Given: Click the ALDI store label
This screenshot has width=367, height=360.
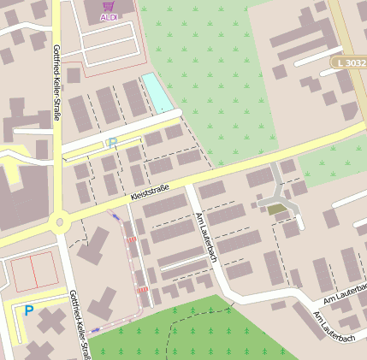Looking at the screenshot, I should click(x=110, y=17).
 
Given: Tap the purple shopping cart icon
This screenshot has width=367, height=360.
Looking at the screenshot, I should click(x=110, y=5).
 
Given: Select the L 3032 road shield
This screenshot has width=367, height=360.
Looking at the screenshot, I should click(x=349, y=63).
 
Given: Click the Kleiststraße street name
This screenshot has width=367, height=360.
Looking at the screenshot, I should click(x=150, y=192).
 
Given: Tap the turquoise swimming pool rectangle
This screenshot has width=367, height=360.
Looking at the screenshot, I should click(x=156, y=92).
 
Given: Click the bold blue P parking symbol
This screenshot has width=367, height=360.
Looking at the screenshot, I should click(x=28, y=311).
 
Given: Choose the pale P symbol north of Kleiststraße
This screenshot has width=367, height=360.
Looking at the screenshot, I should click(x=111, y=144).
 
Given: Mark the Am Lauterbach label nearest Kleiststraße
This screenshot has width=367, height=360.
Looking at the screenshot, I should click(x=207, y=236).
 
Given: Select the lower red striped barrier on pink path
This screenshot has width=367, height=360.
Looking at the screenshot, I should click(x=143, y=289).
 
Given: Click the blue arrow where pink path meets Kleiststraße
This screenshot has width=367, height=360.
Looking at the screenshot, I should click(x=115, y=216).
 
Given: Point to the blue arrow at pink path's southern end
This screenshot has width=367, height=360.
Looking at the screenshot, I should click(x=96, y=328).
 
